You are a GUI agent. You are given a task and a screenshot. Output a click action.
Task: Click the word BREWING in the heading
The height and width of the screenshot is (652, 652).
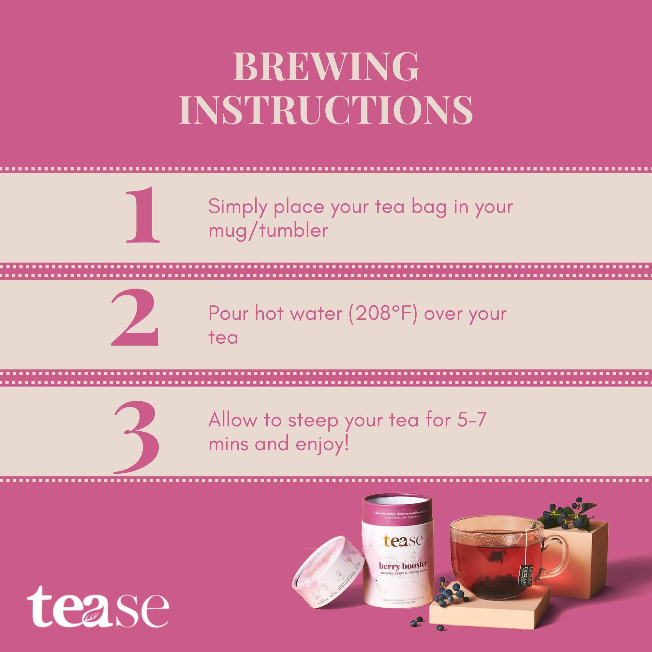(x=326, y=66)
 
